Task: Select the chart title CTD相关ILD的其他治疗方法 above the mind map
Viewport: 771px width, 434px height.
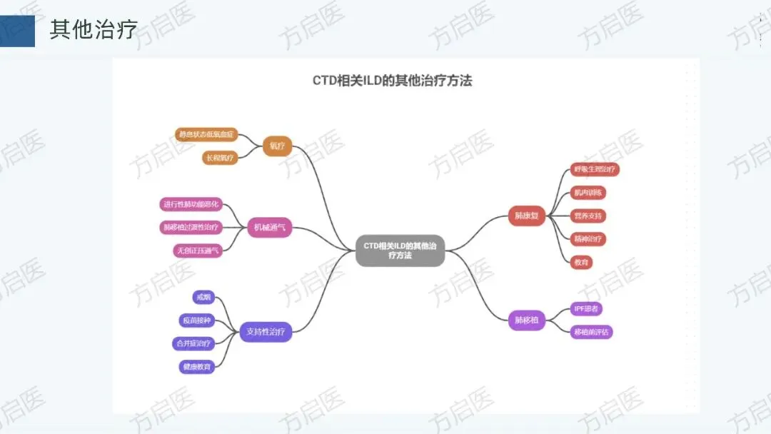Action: (392, 81)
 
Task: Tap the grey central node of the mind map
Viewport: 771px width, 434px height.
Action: (400, 250)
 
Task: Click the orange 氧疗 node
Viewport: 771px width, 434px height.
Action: (277, 146)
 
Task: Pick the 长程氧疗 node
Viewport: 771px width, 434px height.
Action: (220, 158)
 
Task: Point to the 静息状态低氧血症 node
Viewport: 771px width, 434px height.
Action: (206, 134)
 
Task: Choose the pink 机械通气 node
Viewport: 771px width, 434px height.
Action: (269, 228)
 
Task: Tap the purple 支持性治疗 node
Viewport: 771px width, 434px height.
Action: (266, 331)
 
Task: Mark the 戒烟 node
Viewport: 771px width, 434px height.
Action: (203, 297)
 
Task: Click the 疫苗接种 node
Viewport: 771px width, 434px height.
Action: (196, 321)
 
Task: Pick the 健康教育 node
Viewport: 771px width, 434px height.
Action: (196, 367)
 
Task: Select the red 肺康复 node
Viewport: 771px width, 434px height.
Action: (527, 215)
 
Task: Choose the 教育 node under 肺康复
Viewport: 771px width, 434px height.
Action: (582, 262)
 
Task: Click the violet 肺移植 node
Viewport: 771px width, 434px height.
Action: (527, 321)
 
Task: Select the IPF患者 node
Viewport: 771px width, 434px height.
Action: (587, 308)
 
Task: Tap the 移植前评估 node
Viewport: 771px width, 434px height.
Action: (593, 332)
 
